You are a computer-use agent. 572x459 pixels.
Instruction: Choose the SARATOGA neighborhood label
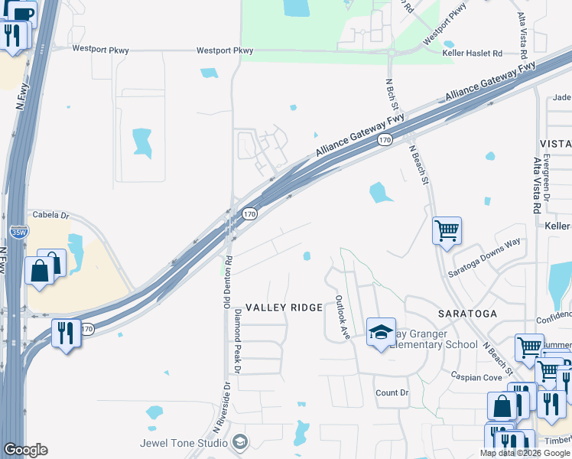(x=467, y=314)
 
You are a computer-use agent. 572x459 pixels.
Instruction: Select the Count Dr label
(x=392, y=392)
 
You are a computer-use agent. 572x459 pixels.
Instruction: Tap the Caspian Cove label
(x=476, y=377)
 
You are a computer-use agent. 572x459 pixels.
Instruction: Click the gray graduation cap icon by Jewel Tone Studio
(x=240, y=442)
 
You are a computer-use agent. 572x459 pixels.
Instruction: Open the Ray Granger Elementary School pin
(x=381, y=333)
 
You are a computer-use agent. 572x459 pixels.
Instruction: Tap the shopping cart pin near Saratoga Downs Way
(x=447, y=229)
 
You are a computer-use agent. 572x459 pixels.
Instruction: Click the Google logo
(x=25, y=450)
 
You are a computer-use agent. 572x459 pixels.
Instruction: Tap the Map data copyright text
(x=524, y=453)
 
